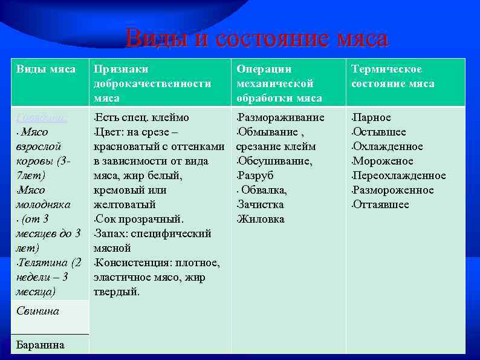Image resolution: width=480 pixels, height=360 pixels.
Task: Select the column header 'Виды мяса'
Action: point(45,69)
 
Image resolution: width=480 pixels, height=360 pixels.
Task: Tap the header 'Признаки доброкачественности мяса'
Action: point(152,83)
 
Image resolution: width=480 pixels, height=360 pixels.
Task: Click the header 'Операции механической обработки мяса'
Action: point(279,83)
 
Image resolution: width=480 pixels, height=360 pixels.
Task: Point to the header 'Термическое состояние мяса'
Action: point(393,76)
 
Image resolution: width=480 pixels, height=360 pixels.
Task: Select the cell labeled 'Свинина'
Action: point(37,311)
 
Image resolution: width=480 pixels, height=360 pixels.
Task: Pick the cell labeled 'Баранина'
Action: point(40,345)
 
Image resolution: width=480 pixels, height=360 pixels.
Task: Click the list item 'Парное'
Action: point(372,117)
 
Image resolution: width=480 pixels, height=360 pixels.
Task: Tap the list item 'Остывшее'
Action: point(380,132)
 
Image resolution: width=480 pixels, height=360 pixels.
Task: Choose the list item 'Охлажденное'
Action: point(388,146)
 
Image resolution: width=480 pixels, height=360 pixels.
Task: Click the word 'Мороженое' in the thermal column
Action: point(383,161)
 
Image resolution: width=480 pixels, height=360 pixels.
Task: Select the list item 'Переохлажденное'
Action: point(399,175)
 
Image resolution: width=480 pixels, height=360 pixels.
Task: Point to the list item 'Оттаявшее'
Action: point(381,205)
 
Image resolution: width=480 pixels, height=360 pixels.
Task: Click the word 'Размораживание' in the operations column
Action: point(281,117)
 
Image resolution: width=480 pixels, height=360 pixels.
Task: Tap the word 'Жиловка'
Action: point(261,219)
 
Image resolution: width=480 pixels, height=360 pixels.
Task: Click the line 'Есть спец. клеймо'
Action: point(142,117)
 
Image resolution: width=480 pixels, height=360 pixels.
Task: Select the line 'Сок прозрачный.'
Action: point(140,219)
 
